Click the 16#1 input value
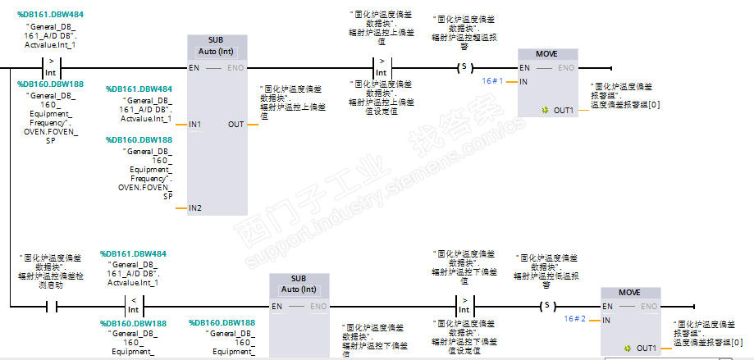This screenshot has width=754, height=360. (493, 81)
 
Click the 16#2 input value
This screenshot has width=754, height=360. (575, 319)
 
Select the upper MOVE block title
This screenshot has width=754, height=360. (546, 54)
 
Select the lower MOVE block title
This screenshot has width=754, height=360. (628, 293)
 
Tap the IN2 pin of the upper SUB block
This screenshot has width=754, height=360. (195, 208)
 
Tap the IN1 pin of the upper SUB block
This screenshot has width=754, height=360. (195, 125)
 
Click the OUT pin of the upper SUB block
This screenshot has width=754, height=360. (235, 125)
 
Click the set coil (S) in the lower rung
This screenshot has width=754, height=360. (546, 306)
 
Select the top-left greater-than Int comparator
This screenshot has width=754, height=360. (51, 67)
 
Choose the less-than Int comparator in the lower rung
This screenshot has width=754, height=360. (132, 306)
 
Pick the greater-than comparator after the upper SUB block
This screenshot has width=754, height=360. (381, 67)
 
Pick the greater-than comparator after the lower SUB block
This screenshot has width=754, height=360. (464, 306)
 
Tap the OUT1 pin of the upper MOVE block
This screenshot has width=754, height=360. (563, 110)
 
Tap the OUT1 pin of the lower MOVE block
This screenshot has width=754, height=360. (646, 348)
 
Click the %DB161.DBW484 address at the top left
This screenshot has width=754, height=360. (49, 15)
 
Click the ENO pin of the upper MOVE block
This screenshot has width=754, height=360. (566, 68)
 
